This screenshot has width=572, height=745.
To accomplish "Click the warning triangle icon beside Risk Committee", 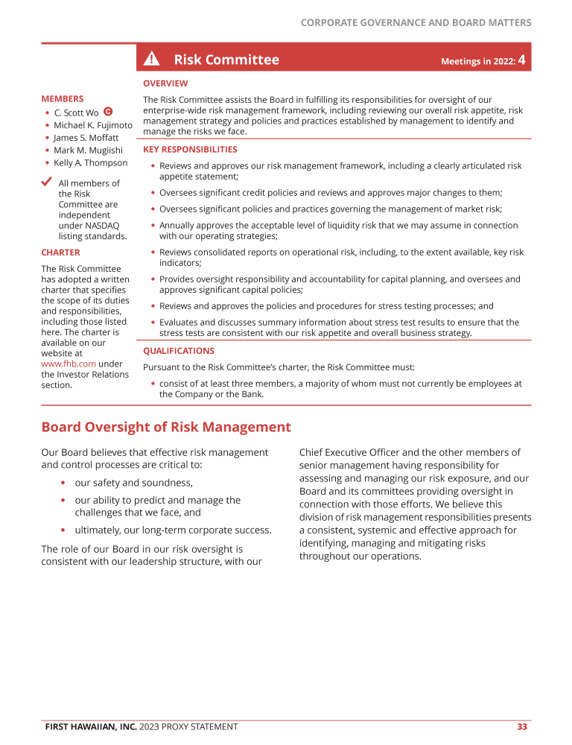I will (x=152, y=60).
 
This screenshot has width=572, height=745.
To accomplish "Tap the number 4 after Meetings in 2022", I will (x=524, y=60).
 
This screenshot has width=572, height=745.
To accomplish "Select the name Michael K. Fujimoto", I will (x=93, y=125).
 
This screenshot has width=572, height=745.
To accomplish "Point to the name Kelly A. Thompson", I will (x=90, y=162).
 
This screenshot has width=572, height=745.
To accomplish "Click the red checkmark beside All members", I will (x=48, y=182).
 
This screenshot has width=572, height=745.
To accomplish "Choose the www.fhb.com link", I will (x=69, y=364).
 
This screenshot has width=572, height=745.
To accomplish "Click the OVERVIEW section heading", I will (x=165, y=83).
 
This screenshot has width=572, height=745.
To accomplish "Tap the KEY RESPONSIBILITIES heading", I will (x=190, y=150).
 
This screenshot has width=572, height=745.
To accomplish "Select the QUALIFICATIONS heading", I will (x=179, y=351).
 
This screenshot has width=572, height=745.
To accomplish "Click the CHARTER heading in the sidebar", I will (x=60, y=253).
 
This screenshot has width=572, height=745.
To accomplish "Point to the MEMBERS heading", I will (x=63, y=98).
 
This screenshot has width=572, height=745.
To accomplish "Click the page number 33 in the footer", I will (x=522, y=726).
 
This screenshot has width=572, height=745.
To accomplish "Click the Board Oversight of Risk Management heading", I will (x=166, y=427).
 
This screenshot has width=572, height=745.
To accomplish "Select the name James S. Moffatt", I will (x=86, y=138).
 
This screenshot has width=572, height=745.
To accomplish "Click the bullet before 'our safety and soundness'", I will (x=63, y=483).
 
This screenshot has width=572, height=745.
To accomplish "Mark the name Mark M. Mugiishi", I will (x=88, y=150).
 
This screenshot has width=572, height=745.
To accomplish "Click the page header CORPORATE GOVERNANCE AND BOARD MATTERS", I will (x=416, y=23).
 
